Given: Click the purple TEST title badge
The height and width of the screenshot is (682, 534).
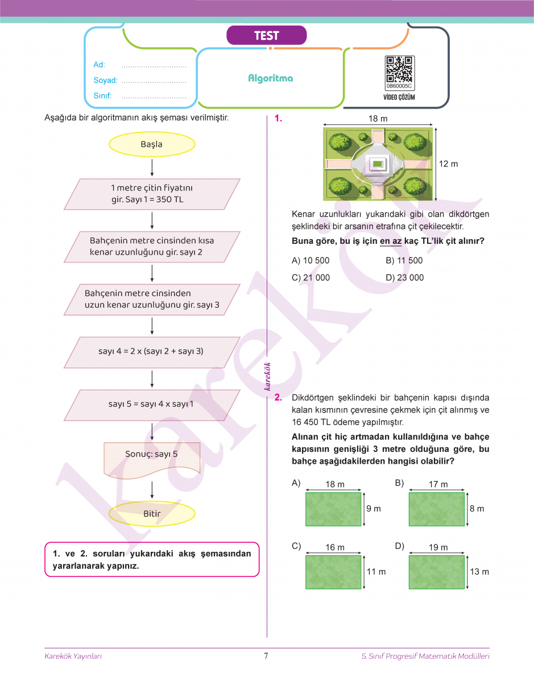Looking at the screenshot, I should pos(266,36).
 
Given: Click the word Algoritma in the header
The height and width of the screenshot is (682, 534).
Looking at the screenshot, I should pos(271,78).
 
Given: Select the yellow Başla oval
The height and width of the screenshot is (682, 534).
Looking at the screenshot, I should pos(152,144).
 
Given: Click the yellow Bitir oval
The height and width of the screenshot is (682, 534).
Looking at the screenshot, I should pos(152,514).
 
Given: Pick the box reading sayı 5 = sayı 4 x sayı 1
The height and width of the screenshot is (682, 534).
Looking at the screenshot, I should pos(151,405).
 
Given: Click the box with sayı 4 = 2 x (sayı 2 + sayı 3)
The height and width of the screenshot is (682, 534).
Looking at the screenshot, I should pos(151,352).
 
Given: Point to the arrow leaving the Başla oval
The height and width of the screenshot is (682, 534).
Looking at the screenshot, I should pos(152,167).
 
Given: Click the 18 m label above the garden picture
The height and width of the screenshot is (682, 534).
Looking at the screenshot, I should pos(378,119).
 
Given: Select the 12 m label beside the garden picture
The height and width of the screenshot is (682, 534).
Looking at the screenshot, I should pos(448,164).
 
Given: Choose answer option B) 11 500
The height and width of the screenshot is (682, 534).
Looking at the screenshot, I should pos(404,260).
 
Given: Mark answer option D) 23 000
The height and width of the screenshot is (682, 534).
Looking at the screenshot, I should pos(404,277).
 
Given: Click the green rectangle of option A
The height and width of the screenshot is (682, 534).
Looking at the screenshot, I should pos(333,509).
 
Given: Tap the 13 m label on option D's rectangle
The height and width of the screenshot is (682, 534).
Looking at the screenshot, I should pos(479,571).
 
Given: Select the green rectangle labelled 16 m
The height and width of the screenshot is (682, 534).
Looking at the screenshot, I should pos(333,572).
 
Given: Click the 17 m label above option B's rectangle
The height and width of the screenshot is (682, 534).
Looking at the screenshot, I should pos(438,484).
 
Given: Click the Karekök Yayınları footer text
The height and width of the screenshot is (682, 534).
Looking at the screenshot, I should pos(73,656).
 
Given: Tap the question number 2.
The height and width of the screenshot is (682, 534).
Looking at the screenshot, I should pos(278,398).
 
